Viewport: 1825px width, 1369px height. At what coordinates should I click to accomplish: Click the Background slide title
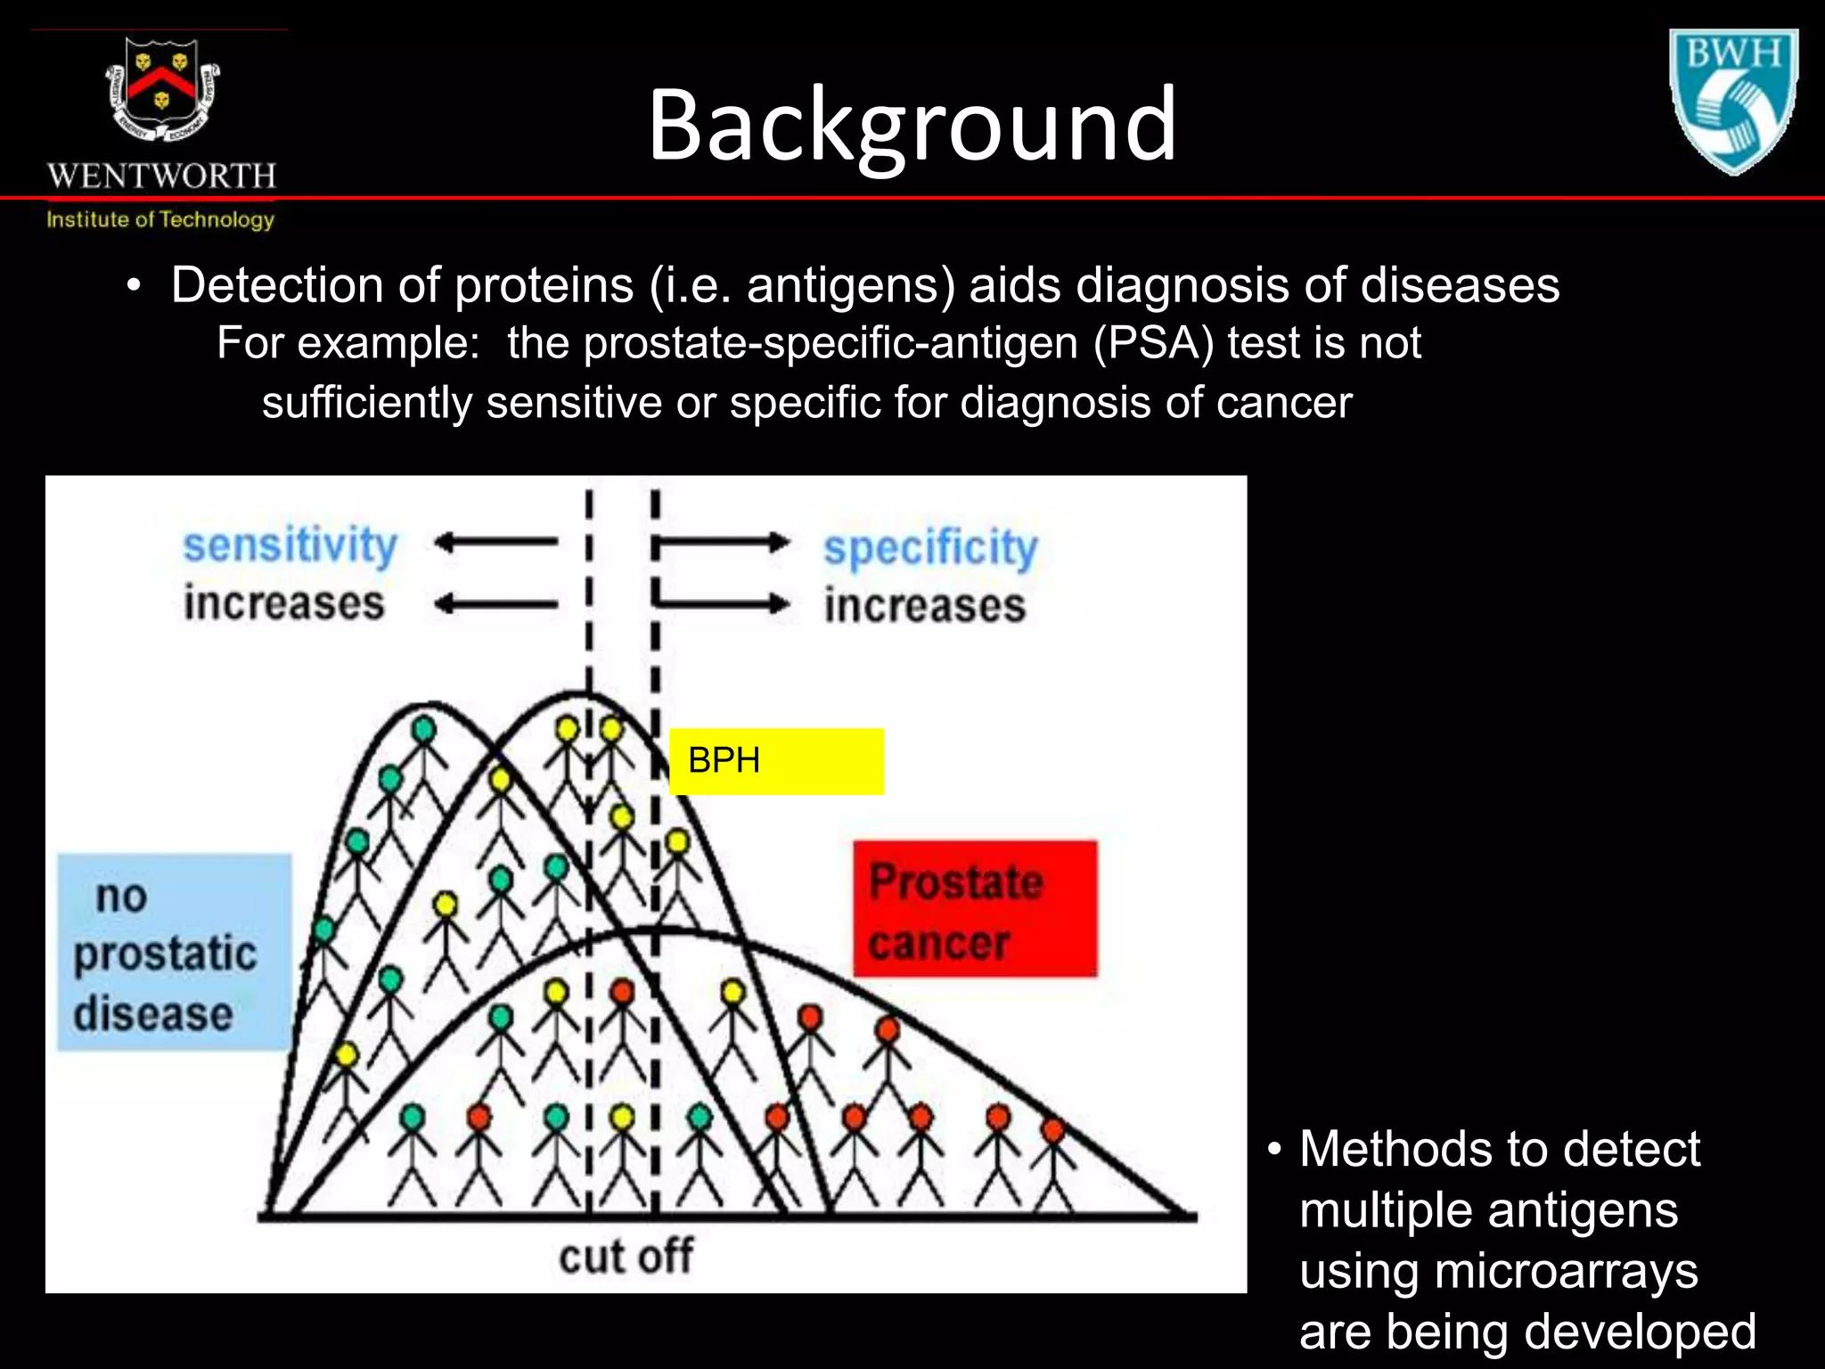(912, 125)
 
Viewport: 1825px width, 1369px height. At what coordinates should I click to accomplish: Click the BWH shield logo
(1732, 100)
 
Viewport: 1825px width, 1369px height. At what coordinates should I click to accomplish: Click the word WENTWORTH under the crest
(161, 176)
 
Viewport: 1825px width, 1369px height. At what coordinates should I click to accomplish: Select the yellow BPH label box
(776, 761)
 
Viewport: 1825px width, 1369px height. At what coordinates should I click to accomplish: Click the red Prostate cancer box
(975, 909)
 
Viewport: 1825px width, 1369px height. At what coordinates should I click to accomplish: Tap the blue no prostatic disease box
(174, 952)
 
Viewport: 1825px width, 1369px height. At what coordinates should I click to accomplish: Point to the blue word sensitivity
(290, 545)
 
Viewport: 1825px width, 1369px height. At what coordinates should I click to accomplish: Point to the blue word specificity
(930, 547)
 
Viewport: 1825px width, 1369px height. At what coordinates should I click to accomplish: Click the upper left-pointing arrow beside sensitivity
(495, 541)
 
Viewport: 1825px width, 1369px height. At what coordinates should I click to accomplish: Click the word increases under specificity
(925, 606)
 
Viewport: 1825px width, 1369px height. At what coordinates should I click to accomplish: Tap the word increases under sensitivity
(283, 603)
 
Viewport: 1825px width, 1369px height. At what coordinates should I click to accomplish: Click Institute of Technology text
(160, 219)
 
